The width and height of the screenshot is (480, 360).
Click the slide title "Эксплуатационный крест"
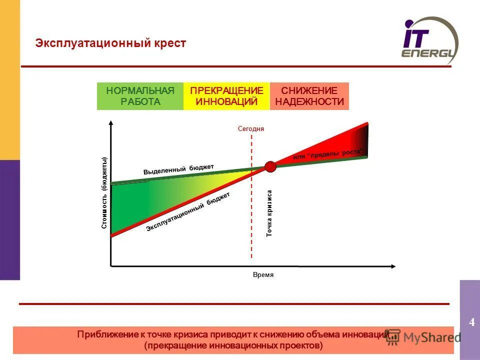(x=110, y=43)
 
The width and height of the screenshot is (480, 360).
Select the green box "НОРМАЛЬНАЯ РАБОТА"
(x=140, y=96)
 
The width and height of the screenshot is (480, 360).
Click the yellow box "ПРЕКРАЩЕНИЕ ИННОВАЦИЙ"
(x=226, y=96)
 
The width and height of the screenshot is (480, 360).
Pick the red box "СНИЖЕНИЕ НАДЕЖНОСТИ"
(x=309, y=96)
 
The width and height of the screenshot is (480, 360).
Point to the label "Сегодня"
(x=250, y=128)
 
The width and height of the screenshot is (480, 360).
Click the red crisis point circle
(x=270, y=166)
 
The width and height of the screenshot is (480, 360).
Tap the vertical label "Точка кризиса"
(x=269, y=213)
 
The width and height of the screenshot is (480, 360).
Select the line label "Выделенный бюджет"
(x=178, y=169)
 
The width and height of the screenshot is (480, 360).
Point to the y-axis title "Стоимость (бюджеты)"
(x=104, y=193)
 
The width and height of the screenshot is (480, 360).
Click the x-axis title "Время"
(x=263, y=275)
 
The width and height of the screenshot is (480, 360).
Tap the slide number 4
(x=471, y=322)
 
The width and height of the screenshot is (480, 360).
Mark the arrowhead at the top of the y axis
(x=110, y=122)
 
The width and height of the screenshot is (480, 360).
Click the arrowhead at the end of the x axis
(x=395, y=266)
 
